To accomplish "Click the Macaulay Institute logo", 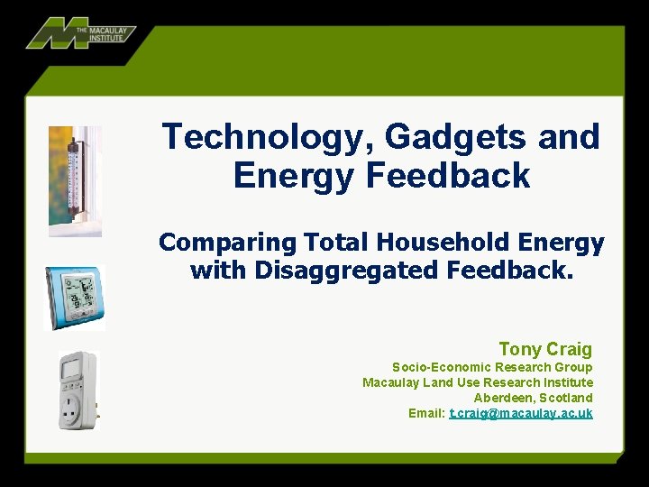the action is pos(81,33).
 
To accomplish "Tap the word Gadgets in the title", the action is pos(455,137).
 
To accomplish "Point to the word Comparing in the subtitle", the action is pos(228,243).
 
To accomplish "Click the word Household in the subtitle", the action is pos(443,242).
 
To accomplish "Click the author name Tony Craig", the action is pos(545,349).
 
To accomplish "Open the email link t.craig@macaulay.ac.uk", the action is pos(521,413).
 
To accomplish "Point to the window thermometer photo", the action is pos(75,181).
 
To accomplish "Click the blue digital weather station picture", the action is pos(75,298).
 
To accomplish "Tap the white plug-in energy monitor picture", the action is pos(78,391).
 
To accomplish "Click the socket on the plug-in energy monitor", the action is pos(71,408).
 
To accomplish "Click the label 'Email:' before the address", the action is pos(426,413).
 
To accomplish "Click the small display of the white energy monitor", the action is pos(70,368).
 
